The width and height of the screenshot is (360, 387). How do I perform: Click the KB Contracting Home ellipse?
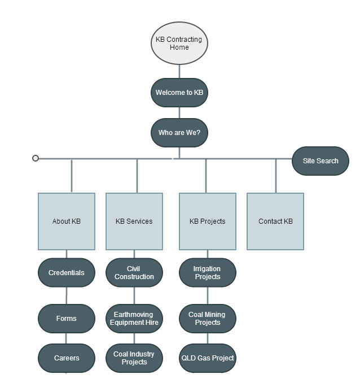pyautogui.click(x=179, y=44)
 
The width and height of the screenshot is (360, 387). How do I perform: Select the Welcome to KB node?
pyautogui.click(x=179, y=93)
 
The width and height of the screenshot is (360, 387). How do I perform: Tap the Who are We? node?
pyautogui.click(x=179, y=133)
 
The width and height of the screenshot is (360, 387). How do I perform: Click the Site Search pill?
pyautogui.click(x=321, y=161)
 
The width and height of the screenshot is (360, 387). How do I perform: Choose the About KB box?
pyautogui.click(x=67, y=221)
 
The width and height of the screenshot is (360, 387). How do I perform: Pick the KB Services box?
pyautogui.click(x=134, y=221)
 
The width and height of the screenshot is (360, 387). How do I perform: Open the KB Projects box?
pyautogui.click(x=207, y=221)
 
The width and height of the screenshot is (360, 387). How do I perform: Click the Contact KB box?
pyautogui.click(x=275, y=221)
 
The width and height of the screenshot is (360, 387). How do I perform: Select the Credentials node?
pyautogui.click(x=67, y=273)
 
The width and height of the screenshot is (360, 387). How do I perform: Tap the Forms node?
pyautogui.click(x=67, y=319)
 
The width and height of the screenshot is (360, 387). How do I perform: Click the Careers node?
pyautogui.click(x=67, y=358)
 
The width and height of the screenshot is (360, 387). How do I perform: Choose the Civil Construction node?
pyautogui.click(x=134, y=273)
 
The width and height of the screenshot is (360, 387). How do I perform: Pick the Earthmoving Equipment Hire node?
pyautogui.click(x=134, y=319)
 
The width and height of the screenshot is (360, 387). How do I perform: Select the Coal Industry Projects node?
pyautogui.click(x=134, y=358)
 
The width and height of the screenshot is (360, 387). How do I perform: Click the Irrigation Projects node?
pyautogui.click(x=207, y=273)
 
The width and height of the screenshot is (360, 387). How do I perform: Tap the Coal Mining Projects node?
pyautogui.click(x=207, y=319)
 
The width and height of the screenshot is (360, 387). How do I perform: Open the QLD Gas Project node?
pyautogui.click(x=207, y=358)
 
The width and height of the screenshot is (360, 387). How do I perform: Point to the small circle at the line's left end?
pyautogui.click(x=36, y=158)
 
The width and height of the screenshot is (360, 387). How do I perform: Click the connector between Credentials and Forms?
pyautogui.click(x=67, y=295)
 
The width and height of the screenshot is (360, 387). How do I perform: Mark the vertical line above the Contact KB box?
pyautogui.click(x=276, y=176)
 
